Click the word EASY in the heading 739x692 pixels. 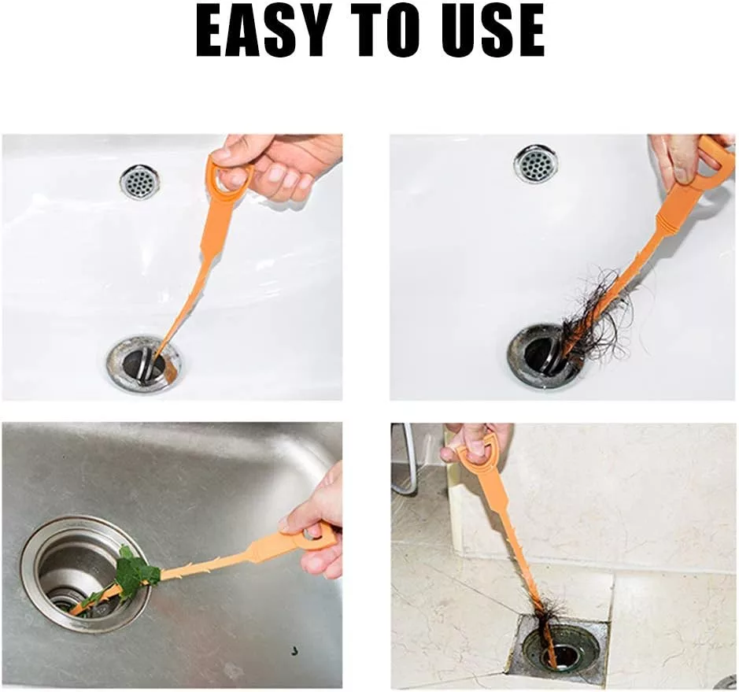pos(262,32)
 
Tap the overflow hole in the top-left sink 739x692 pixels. pos(139,182)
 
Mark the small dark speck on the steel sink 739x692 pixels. pos(294,651)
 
